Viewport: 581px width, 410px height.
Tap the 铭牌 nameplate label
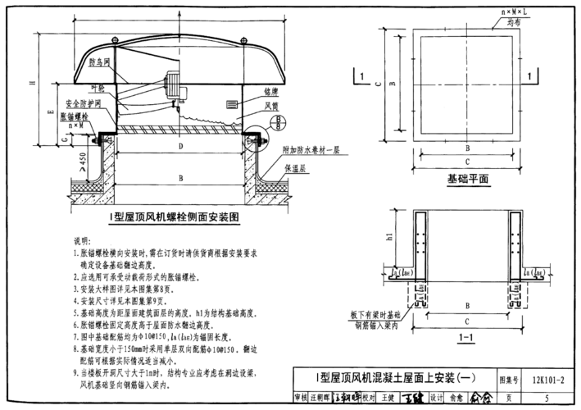(x=271, y=91)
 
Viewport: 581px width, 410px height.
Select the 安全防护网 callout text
(x=82, y=104)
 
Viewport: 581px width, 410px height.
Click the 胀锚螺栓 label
(x=76, y=116)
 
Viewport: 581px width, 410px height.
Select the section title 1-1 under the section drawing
(x=465, y=336)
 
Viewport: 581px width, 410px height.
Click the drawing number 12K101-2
(x=544, y=380)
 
